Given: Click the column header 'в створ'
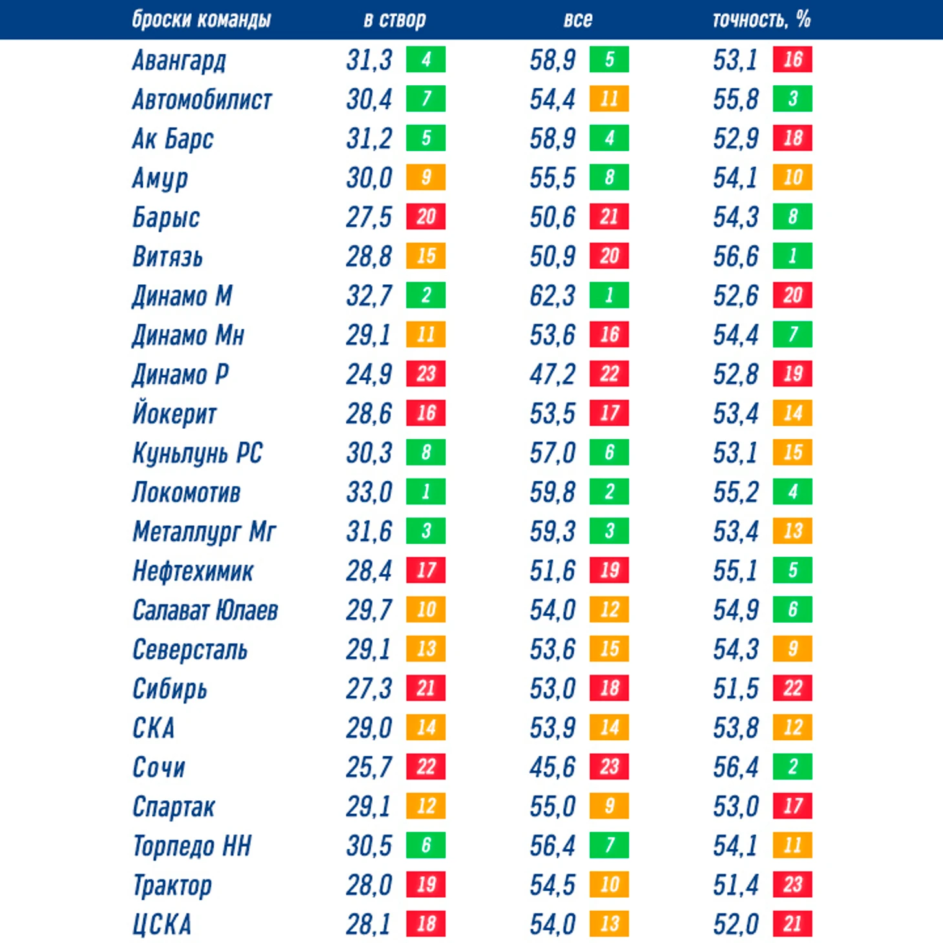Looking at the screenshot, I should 394,20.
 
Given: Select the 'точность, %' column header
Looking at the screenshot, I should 761,20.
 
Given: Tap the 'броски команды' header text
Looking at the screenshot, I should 201,20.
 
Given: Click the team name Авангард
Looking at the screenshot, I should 179,61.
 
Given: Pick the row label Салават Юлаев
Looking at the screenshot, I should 205,610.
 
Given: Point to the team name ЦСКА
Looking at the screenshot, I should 161,924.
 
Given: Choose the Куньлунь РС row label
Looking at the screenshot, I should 197,453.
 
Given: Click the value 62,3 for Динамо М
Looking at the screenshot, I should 552,296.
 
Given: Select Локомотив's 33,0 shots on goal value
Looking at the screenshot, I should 369,492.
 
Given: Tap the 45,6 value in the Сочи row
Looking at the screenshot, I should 552,767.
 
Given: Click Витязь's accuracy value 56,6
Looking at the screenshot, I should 735,256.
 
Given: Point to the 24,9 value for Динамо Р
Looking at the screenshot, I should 369,375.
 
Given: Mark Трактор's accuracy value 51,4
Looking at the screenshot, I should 735,885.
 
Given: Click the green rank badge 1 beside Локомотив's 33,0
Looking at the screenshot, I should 426,492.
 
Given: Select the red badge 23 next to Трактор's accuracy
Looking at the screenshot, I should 793,884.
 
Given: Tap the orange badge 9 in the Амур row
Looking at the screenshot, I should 426,178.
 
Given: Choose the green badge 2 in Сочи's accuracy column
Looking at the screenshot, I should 793,767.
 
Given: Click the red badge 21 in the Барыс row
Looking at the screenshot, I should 609,217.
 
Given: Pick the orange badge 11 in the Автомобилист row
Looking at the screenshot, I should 609,99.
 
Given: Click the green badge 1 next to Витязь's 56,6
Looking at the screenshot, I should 793,256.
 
